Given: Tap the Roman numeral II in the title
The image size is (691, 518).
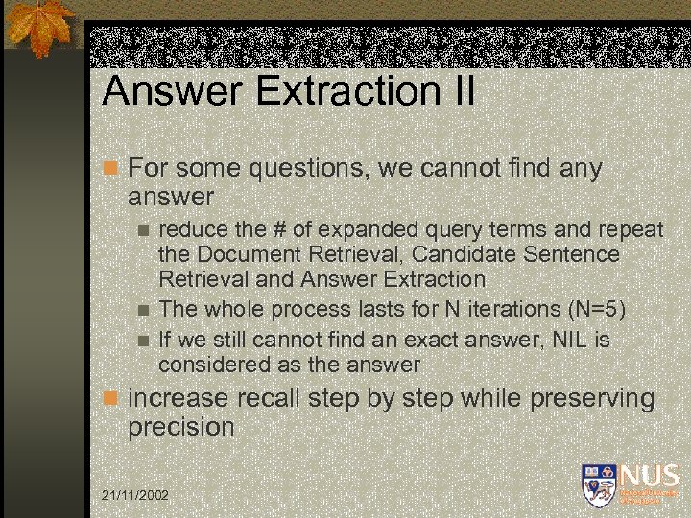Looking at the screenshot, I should [460, 92].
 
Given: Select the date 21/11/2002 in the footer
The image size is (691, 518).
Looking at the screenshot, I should [134, 495].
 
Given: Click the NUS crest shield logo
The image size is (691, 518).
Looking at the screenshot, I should [597, 483].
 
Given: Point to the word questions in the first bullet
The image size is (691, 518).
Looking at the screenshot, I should [308, 169].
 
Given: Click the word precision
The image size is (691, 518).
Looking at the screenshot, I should [181, 427].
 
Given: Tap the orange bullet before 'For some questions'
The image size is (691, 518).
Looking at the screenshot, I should [110, 169].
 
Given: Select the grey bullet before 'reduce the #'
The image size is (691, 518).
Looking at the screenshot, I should [143, 230].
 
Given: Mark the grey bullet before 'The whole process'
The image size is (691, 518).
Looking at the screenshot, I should [143, 309].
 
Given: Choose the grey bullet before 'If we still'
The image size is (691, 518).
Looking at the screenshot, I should [143, 340].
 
